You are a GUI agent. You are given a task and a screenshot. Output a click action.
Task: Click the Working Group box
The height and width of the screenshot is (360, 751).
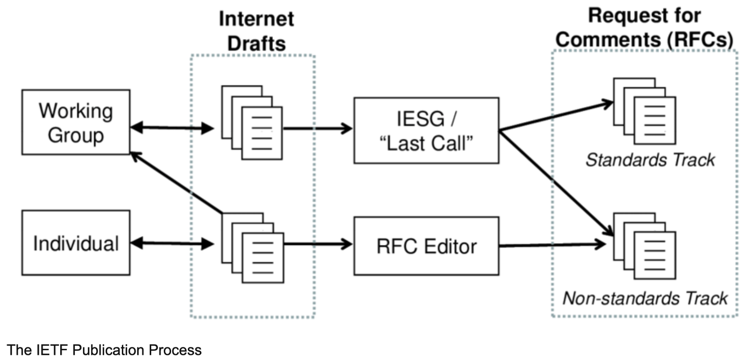click(x=76, y=122)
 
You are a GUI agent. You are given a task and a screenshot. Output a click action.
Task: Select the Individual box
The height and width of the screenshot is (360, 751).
click(x=76, y=243)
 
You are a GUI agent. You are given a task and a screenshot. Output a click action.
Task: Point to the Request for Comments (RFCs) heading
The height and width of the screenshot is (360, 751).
click(x=644, y=27)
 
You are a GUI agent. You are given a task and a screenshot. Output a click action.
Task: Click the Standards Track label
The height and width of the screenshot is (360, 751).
click(x=650, y=160)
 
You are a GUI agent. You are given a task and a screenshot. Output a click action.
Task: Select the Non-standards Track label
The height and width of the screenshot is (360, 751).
click(x=644, y=298)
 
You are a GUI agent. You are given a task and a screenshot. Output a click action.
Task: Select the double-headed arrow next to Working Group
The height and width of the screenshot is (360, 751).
click(x=172, y=127)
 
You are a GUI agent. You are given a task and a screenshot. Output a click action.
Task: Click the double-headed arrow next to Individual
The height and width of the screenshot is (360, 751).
click(x=172, y=243)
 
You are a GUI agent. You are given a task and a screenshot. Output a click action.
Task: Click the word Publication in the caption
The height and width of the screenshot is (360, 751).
click(x=110, y=350)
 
